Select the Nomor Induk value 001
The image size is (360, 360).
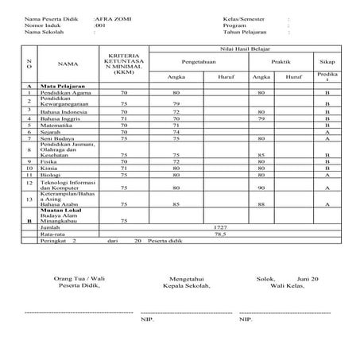point(99,25)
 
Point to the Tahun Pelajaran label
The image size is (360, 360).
point(245,33)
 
